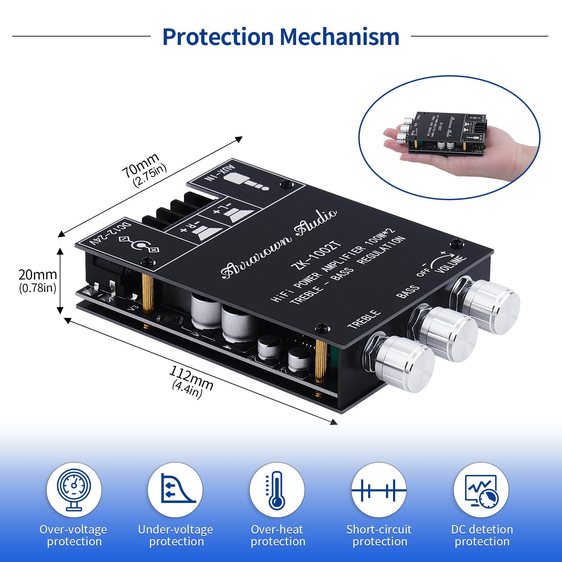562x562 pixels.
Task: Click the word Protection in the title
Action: (218, 37)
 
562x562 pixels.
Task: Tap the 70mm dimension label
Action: (140, 165)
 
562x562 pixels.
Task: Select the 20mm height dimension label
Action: (38, 275)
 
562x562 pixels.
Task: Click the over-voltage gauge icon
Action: (74, 490)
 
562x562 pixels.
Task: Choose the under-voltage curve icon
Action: (175, 490)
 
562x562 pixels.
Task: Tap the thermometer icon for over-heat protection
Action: (277, 490)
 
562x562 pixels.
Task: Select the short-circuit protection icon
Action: (379, 490)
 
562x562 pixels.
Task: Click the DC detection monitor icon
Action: (481, 490)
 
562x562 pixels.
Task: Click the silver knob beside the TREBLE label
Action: (404, 362)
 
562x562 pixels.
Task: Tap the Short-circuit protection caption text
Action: (379, 535)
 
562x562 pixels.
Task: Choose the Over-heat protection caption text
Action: (277, 535)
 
